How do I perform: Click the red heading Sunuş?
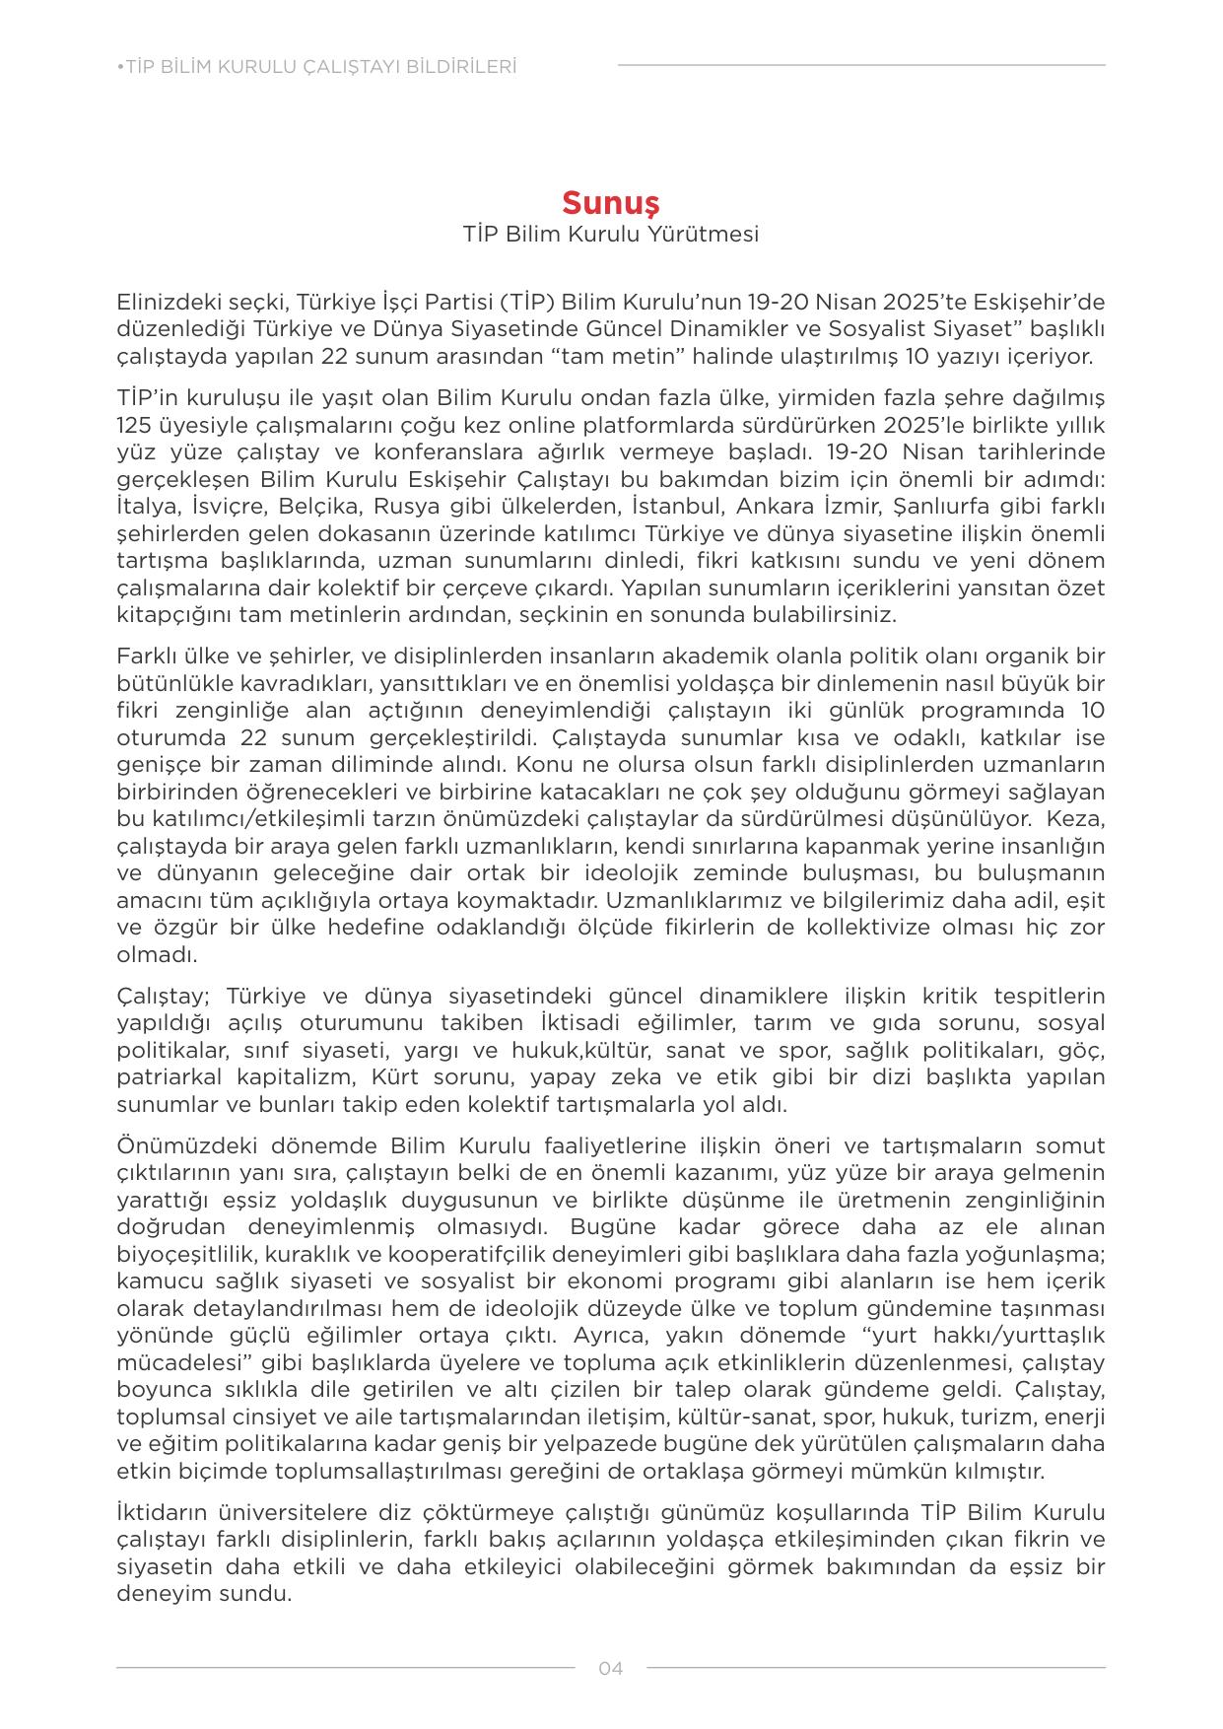click(x=610, y=202)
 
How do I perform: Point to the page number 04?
click(x=611, y=1669)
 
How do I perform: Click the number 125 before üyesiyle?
click(x=133, y=426)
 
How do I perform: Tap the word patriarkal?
click(x=170, y=1077)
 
